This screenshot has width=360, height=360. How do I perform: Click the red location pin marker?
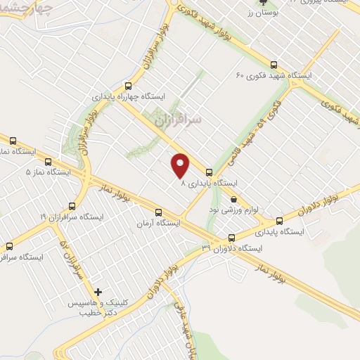tap(181, 165)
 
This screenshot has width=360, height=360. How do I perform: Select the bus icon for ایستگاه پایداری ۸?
tap(209, 172)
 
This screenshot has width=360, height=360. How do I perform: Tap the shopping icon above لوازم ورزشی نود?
tap(233, 199)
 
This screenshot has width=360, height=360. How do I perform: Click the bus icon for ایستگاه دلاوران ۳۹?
tap(232, 238)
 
